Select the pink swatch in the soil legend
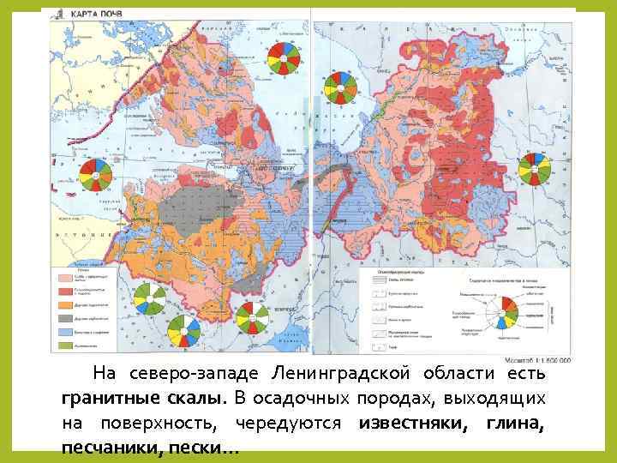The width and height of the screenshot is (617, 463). pos(65,278)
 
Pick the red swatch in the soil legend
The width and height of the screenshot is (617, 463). pos(65,292)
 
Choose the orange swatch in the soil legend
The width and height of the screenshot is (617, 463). pos(65,304)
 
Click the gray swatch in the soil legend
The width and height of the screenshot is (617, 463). pos(65,317)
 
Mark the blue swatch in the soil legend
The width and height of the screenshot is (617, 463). pos(65,331)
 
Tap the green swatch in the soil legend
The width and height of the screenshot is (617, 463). pos(65,344)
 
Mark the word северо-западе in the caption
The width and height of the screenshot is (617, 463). pos(195,374)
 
